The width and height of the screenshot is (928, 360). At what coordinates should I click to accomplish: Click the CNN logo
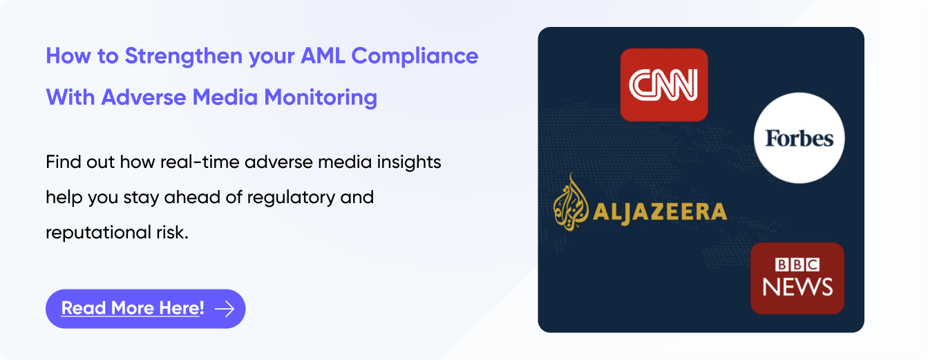click(x=663, y=85)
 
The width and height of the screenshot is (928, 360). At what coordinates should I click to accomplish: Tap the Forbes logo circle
click(x=799, y=138)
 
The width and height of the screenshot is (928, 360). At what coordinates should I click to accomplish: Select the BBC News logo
click(x=797, y=278)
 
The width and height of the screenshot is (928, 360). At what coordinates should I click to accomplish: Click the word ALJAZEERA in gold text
click(x=659, y=212)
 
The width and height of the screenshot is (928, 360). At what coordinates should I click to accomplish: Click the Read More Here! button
click(x=145, y=309)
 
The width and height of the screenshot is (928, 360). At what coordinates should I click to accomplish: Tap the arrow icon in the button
click(x=225, y=309)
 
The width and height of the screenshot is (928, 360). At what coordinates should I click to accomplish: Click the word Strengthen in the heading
click(x=184, y=57)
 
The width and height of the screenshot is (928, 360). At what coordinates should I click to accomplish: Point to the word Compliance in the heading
click(x=415, y=57)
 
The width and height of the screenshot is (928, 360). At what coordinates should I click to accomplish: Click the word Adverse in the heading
click(x=144, y=97)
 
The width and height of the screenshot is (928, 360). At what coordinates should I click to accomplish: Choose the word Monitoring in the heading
click(x=321, y=98)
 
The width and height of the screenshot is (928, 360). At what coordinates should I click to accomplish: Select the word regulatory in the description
click(x=291, y=198)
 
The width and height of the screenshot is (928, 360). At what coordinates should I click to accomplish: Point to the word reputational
click(x=98, y=233)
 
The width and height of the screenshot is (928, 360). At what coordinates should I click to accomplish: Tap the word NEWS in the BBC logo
click(x=797, y=287)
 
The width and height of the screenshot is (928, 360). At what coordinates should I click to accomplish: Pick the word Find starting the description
click(x=64, y=162)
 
